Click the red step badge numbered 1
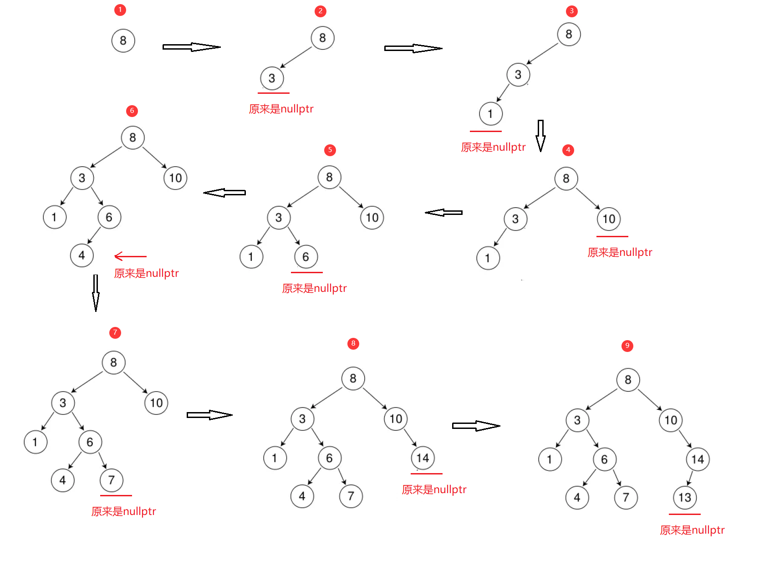tap(120, 10)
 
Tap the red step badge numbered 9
tap(627, 346)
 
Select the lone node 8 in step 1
tap(123, 41)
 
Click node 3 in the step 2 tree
tap(272, 78)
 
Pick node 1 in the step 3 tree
tap(490, 114)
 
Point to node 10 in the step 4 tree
tap(609, 219)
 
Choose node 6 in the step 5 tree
tap(306, 257)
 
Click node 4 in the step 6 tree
tap(82, 255)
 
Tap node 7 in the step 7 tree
tap(112, 480)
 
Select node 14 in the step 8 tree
tap(423, 458)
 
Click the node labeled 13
tap(685, 498)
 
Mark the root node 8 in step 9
tap(628, 380)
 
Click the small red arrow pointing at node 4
tap(130, 257)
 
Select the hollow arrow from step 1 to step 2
tap(191, 47)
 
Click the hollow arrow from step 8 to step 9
tap(476, 426)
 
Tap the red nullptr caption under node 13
tap(692, 530)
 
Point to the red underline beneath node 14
tap(427, 474)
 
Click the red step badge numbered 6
tap(132, 111)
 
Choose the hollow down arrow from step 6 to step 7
tap(96, 292)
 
